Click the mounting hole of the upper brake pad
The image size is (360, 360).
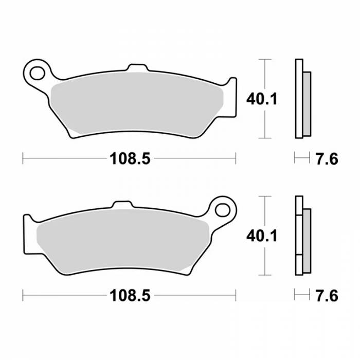click(38, 71)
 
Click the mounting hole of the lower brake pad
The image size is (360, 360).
click(222, 209)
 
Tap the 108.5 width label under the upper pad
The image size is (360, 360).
click(129, 159)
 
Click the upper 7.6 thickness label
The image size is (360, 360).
click(326, 159)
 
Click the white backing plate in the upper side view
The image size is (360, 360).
click(298, 99)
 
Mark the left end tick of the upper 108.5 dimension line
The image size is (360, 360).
click(23, 158)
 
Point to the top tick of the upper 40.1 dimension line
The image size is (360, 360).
click(264, 60)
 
